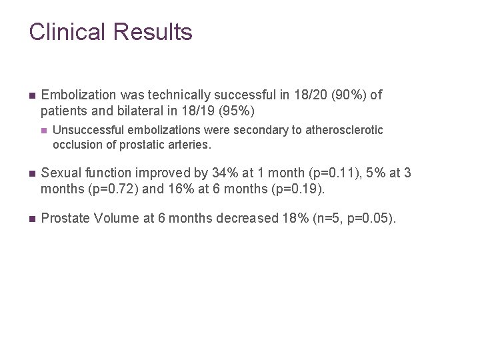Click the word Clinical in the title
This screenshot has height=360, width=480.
67,32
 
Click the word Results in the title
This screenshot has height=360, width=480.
153,32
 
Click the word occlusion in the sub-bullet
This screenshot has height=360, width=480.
75,144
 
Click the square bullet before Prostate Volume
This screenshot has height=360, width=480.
32,218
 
